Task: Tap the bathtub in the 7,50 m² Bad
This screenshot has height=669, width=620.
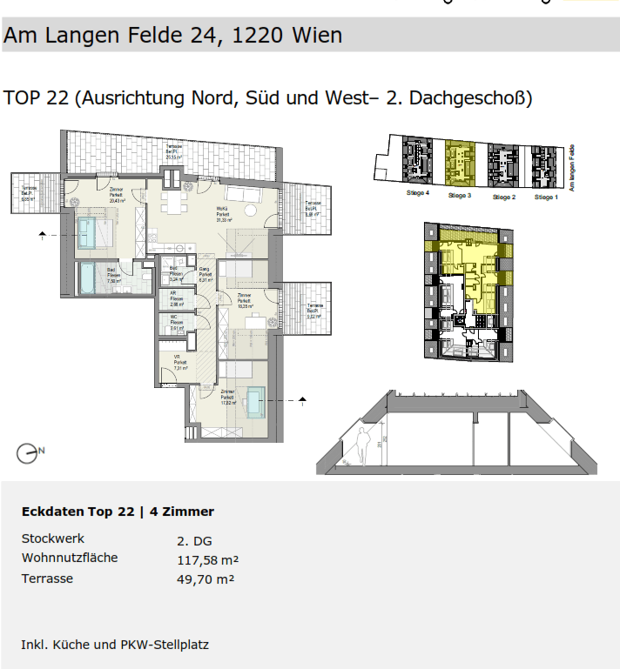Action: click(90, 278)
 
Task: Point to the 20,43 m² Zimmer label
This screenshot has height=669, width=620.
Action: click(117, 195)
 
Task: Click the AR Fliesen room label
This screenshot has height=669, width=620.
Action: click(176, 299)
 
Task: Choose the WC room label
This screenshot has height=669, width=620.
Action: click(176, 324)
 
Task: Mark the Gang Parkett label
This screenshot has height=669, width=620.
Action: click(206, 274)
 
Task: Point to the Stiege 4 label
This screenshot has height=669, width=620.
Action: click(417, 192)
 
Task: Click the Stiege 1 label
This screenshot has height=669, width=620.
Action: click(546, 197)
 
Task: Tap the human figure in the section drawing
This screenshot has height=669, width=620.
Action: click(362, 445)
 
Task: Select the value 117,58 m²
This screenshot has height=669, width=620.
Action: click(207, 559)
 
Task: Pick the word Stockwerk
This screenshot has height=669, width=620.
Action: click(53, 539)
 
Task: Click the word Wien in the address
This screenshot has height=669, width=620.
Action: click(314, 36)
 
